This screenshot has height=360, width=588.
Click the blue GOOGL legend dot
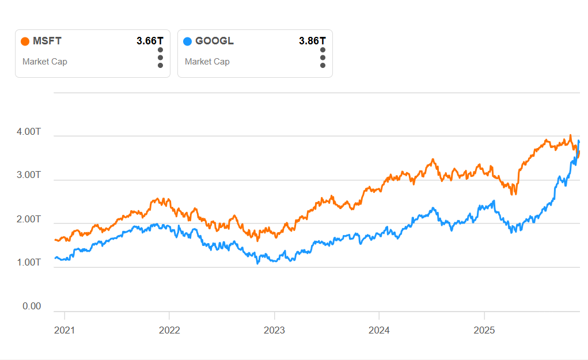coord(187,41)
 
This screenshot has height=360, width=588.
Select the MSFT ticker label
coord(47,41)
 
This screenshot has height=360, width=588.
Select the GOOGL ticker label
coord(214,41)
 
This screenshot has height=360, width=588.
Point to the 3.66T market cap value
coord(150,41)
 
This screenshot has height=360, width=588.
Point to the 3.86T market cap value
coord(312,41)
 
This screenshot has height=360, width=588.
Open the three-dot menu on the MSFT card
coord(160,58)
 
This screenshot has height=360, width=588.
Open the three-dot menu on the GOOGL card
coord(323,58)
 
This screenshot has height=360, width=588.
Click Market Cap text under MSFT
coord(45,62)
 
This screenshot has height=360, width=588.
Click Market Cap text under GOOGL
coord(207,62)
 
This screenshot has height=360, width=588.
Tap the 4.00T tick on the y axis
coord(29,132)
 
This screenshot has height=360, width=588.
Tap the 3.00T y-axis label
coord(29,175)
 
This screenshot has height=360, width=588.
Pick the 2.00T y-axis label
coord(29,219)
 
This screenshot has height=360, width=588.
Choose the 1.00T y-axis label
coord(29,263)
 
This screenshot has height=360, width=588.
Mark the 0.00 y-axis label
coord(32,306)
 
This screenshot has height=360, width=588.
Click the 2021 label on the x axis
coord(65,331)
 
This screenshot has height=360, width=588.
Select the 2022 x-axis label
coord(169,331)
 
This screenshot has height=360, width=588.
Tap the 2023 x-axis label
coord(274,331)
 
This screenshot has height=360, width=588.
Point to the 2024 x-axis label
coord(379,331)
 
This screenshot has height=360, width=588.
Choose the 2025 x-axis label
coord(484,331)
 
